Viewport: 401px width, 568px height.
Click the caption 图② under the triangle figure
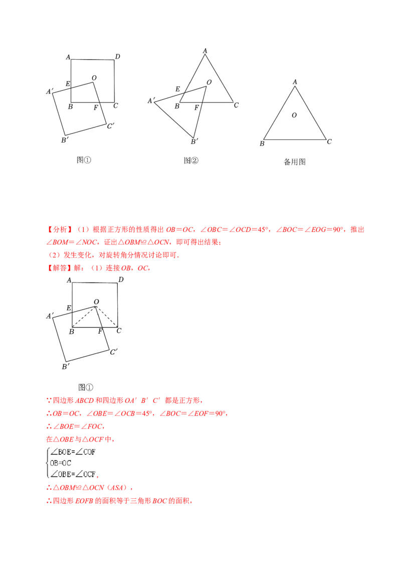pos(191,161)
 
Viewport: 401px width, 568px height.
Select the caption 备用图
pos(295,162)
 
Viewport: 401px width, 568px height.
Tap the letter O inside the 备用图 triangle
pos(294,115)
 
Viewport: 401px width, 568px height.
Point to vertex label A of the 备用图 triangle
pos(295,82)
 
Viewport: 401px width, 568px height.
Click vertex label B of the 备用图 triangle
pos(262,144)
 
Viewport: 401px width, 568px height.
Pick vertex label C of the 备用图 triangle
pos(329,141)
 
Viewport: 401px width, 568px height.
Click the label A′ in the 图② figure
pos(151,101)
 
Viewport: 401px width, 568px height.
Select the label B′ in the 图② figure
pos(194,141)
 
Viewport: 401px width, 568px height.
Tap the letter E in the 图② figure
pos(177,89)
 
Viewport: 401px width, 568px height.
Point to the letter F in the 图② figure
pos(196,107)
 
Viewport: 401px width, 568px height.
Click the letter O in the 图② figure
pos(209,82)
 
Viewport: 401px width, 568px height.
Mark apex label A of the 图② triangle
pos(205,51)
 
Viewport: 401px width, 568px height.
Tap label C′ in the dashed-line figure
pos(114,352)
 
